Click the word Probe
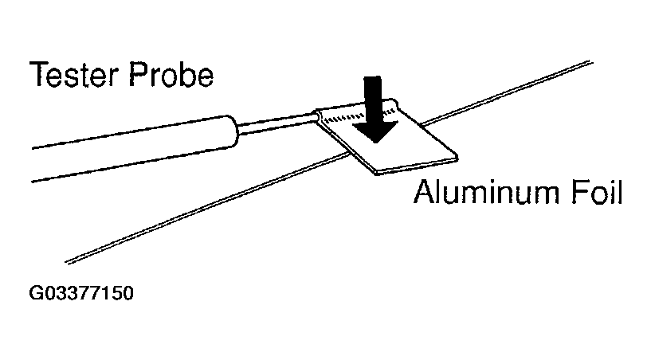[x=171, y=74]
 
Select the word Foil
[x=597, y=191]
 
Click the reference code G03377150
[x=81, y=293]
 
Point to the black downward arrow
[x=375, y=109]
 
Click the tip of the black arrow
[x=375, y=143]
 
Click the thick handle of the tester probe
[x=135, y=148]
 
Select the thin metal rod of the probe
[x=277, y=124]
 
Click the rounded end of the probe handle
[x=233, y=131]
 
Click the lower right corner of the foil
[x=457, y=158]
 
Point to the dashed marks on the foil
[x=358, y=115]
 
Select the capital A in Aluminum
[x=425, y=191]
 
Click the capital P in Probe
[x=137, y=74]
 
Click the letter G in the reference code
[x=35, y=293]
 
